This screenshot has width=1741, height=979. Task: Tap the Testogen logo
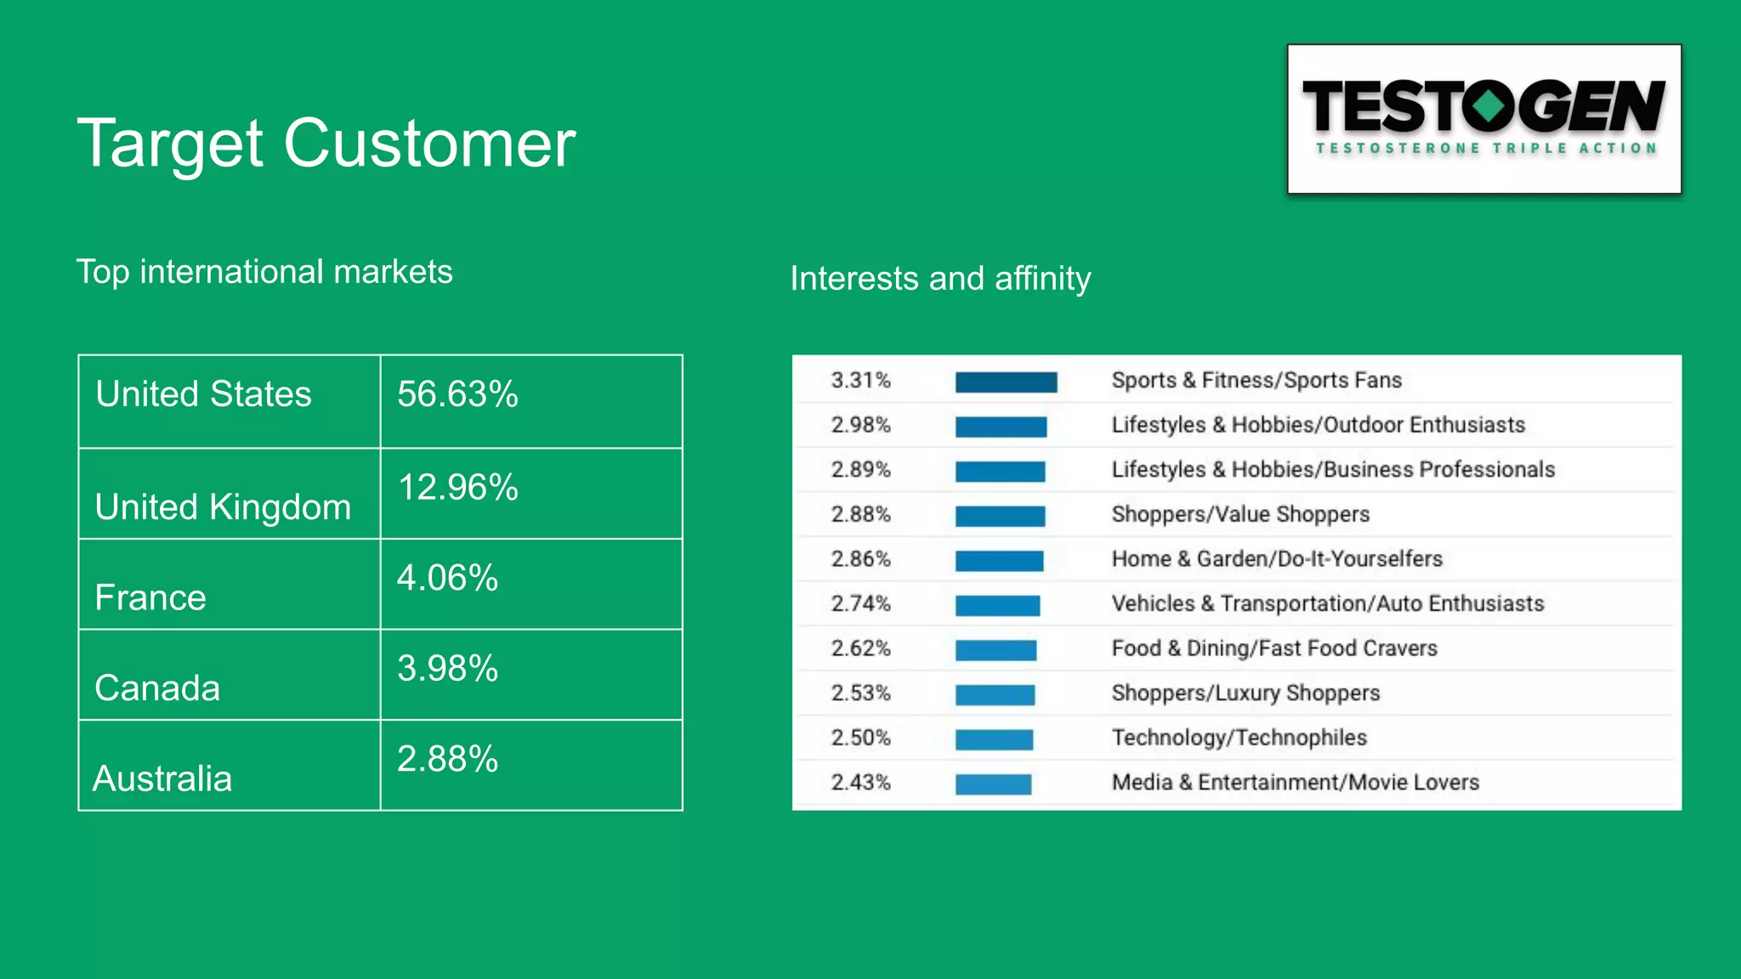(x=1483, y=119)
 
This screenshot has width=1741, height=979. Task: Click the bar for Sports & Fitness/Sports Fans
(x=1006, y=382)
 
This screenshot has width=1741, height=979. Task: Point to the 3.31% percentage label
(x=860, y=380)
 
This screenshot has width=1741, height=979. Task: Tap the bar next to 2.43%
(x=993, y=784)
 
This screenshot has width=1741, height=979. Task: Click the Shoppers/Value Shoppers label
(x=1240, y=514)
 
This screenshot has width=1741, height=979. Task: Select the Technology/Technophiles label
(x=1239, y=738)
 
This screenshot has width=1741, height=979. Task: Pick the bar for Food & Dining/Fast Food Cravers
(x=995, y=650)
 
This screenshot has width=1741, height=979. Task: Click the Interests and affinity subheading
(x=940, y=279)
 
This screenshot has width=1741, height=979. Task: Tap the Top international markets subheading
(x=264, y=272)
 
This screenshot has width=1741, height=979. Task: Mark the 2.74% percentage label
(x=860, y=603)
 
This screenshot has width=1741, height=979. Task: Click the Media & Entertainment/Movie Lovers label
(x=1295, y=782)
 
